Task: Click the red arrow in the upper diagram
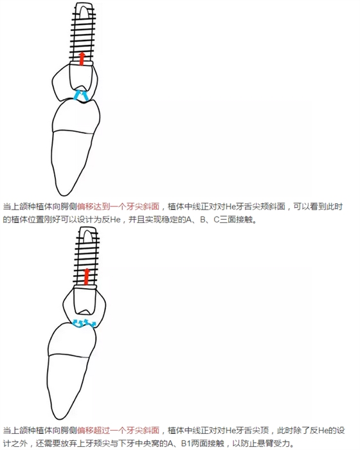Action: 82,59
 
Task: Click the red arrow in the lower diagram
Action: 86,276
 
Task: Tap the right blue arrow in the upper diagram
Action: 85,95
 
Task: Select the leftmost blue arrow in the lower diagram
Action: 76,323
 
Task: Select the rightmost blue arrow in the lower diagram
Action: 93,324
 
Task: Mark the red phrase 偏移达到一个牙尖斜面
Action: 118,206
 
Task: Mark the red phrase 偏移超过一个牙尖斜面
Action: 118,431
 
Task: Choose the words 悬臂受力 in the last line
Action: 278,444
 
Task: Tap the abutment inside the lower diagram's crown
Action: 85,300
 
